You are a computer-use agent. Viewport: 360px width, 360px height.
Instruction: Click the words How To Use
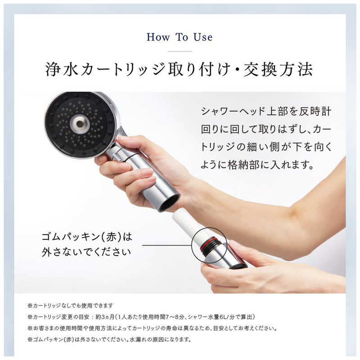pos(180,37)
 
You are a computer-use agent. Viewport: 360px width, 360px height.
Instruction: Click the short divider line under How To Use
pos(180,51)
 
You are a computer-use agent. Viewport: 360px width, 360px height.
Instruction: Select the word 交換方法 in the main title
pos(278,69)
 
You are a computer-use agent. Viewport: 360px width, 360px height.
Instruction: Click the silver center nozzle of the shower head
pos(80,124)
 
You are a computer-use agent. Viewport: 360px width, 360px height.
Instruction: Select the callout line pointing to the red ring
pos(167,245)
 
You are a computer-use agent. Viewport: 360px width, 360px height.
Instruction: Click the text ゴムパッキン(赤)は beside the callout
pos(87,237)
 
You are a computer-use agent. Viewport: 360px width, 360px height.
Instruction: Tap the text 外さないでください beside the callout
pos(86,252)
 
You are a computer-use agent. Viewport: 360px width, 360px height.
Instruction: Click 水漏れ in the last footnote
pos(137,339)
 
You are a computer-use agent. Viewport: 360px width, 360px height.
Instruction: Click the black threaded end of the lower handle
pos(238,266)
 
